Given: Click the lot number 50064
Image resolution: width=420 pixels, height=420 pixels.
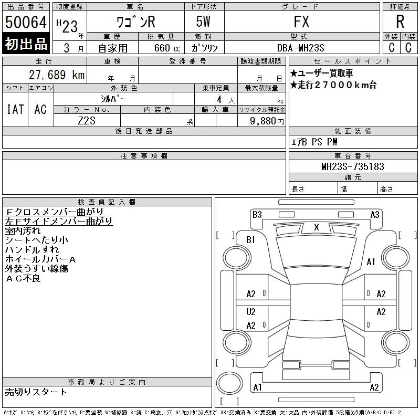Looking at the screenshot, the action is pyautogui.click(x=26, y=22).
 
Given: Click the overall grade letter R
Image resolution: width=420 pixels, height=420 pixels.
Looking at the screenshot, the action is pyautogui.click(x=400, y=22).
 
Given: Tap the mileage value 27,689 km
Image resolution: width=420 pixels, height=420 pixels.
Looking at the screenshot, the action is pyautogui.click(x=57, y=75).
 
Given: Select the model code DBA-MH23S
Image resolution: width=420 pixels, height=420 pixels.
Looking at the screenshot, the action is pyautogui.click(x=300, y=48).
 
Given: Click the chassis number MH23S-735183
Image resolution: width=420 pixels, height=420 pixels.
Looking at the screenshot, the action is pyautogui.click(x=353, y=166).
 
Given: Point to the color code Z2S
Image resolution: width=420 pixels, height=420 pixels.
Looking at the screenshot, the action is pyautogui.click(x=87, y=121).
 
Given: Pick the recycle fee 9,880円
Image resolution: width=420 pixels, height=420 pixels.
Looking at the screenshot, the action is pyautogui.click(x=267, y=121).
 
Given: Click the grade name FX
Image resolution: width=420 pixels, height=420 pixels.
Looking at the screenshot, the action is pyautogui.click(x=301, y=22).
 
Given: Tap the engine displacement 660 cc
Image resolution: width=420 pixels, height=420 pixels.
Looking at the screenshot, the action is pyautogui.click(x=167, y=48).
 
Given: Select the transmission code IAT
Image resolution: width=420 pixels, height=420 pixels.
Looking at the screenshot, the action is pyautogui.click(x=15, y=109).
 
